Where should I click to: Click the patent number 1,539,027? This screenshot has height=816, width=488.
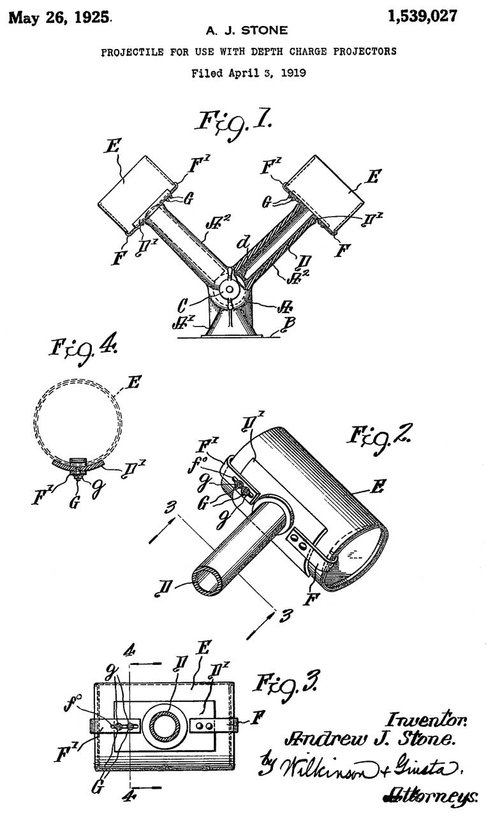click(x=423, y=16)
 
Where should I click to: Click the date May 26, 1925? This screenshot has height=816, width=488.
click(x=58, y=17)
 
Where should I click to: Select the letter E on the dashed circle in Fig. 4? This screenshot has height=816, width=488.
click(x=134, y=382)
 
